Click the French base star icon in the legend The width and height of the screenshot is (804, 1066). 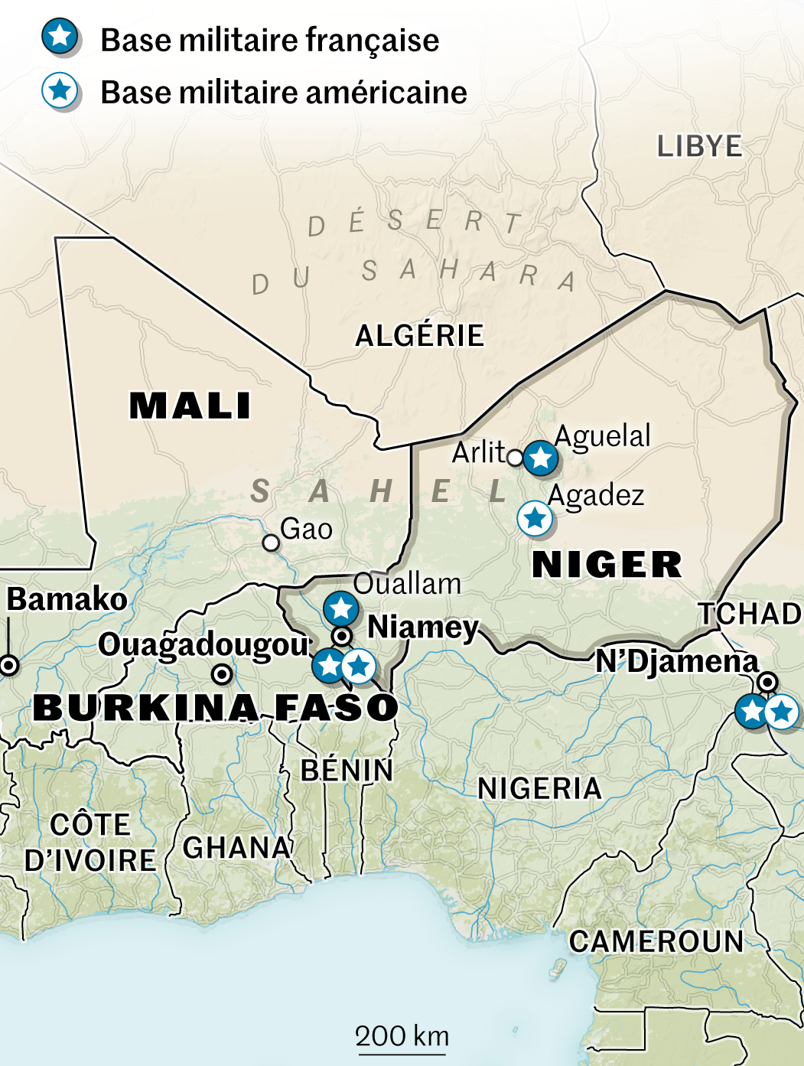[x=60, y=36]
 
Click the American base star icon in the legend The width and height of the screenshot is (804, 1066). [x=60, y=91]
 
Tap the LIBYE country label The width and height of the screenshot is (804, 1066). [x=699, y=146]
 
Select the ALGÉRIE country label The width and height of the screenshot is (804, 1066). [x=419, y=335]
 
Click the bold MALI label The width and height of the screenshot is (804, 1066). [x=190, y=406]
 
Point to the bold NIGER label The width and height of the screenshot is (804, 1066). [x=607, y=565]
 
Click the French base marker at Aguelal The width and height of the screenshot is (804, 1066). [x=541, y=458]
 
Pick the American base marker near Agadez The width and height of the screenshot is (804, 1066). [x=535, y=519]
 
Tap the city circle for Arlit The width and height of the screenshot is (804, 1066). [x=515, y=458]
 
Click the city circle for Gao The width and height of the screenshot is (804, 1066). [x=271, y=543]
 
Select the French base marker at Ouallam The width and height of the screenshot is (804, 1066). [x=341, y=609]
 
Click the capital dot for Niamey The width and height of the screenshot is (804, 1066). [x=342, y=636]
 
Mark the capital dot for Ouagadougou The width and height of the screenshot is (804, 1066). [x=222, y=674]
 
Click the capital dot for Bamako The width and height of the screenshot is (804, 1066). [x=9, y=665]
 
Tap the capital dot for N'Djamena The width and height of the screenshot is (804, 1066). [x=767, y=682]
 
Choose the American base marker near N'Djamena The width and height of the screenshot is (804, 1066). [x=781, y=712]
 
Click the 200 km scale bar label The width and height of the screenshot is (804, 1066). [x=402, y=1036]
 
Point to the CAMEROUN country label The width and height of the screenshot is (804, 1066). [x=656, y=941]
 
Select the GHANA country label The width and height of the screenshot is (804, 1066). [x=237, y=848]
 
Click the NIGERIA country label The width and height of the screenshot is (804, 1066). [x=539, y=788]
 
